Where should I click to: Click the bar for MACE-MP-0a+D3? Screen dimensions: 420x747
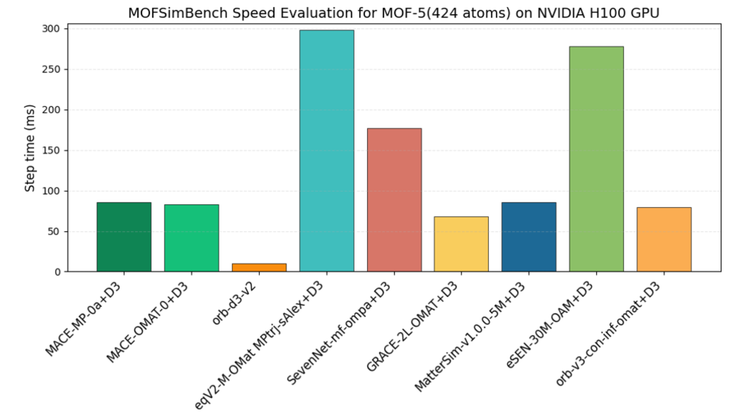(124, 237)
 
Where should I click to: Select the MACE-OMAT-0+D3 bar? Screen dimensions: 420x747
(191, 238)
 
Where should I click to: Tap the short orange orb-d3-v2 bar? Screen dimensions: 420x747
(259, 268)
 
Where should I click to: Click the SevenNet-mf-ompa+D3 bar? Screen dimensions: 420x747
(394, 200)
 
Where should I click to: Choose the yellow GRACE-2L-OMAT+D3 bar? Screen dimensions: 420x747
(461, 244)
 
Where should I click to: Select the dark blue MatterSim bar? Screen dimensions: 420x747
(529, 237)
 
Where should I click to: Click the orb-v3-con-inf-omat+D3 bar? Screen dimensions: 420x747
(664, 239)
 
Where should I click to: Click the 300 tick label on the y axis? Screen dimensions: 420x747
(51, 29)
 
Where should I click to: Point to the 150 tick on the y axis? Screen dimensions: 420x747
(51, 150)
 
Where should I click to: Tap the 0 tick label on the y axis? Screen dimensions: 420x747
(58, 272)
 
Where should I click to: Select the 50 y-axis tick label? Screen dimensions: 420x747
(54, 232)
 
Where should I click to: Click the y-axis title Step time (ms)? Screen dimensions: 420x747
(30, 148)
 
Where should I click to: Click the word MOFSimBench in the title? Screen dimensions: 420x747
(178, 13)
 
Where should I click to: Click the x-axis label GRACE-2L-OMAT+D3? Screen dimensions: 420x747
(412, 327)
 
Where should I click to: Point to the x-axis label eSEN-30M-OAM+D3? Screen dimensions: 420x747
(549, 325)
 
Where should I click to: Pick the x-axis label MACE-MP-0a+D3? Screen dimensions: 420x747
(83, 319)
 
